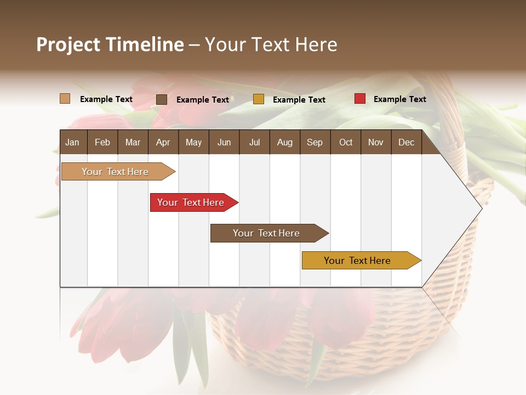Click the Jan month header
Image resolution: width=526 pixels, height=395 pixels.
tap(73, 142)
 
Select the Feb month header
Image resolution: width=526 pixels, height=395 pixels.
tap(102, 142)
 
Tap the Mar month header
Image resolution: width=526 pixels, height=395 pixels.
tap(133, 142)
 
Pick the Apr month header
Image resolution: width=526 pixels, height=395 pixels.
tap(163, 142)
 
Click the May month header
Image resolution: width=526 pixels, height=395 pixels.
tap(193, 142)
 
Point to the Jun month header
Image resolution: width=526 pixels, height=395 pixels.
tap(224, 142)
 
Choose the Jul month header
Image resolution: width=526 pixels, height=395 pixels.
tap(254, 142)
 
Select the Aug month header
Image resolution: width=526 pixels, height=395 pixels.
tap(285, 142)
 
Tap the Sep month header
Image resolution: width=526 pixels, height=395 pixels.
tap(315, 142)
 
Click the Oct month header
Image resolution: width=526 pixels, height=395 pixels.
tap(346, 142)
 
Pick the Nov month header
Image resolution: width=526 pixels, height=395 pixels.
tap(376, 142)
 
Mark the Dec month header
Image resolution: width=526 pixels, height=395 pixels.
tap(407, 142)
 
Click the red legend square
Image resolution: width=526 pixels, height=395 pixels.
tap(360, 99)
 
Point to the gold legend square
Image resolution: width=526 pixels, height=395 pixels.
tap(259, 99)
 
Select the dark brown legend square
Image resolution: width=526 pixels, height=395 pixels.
tap(162, 99)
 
